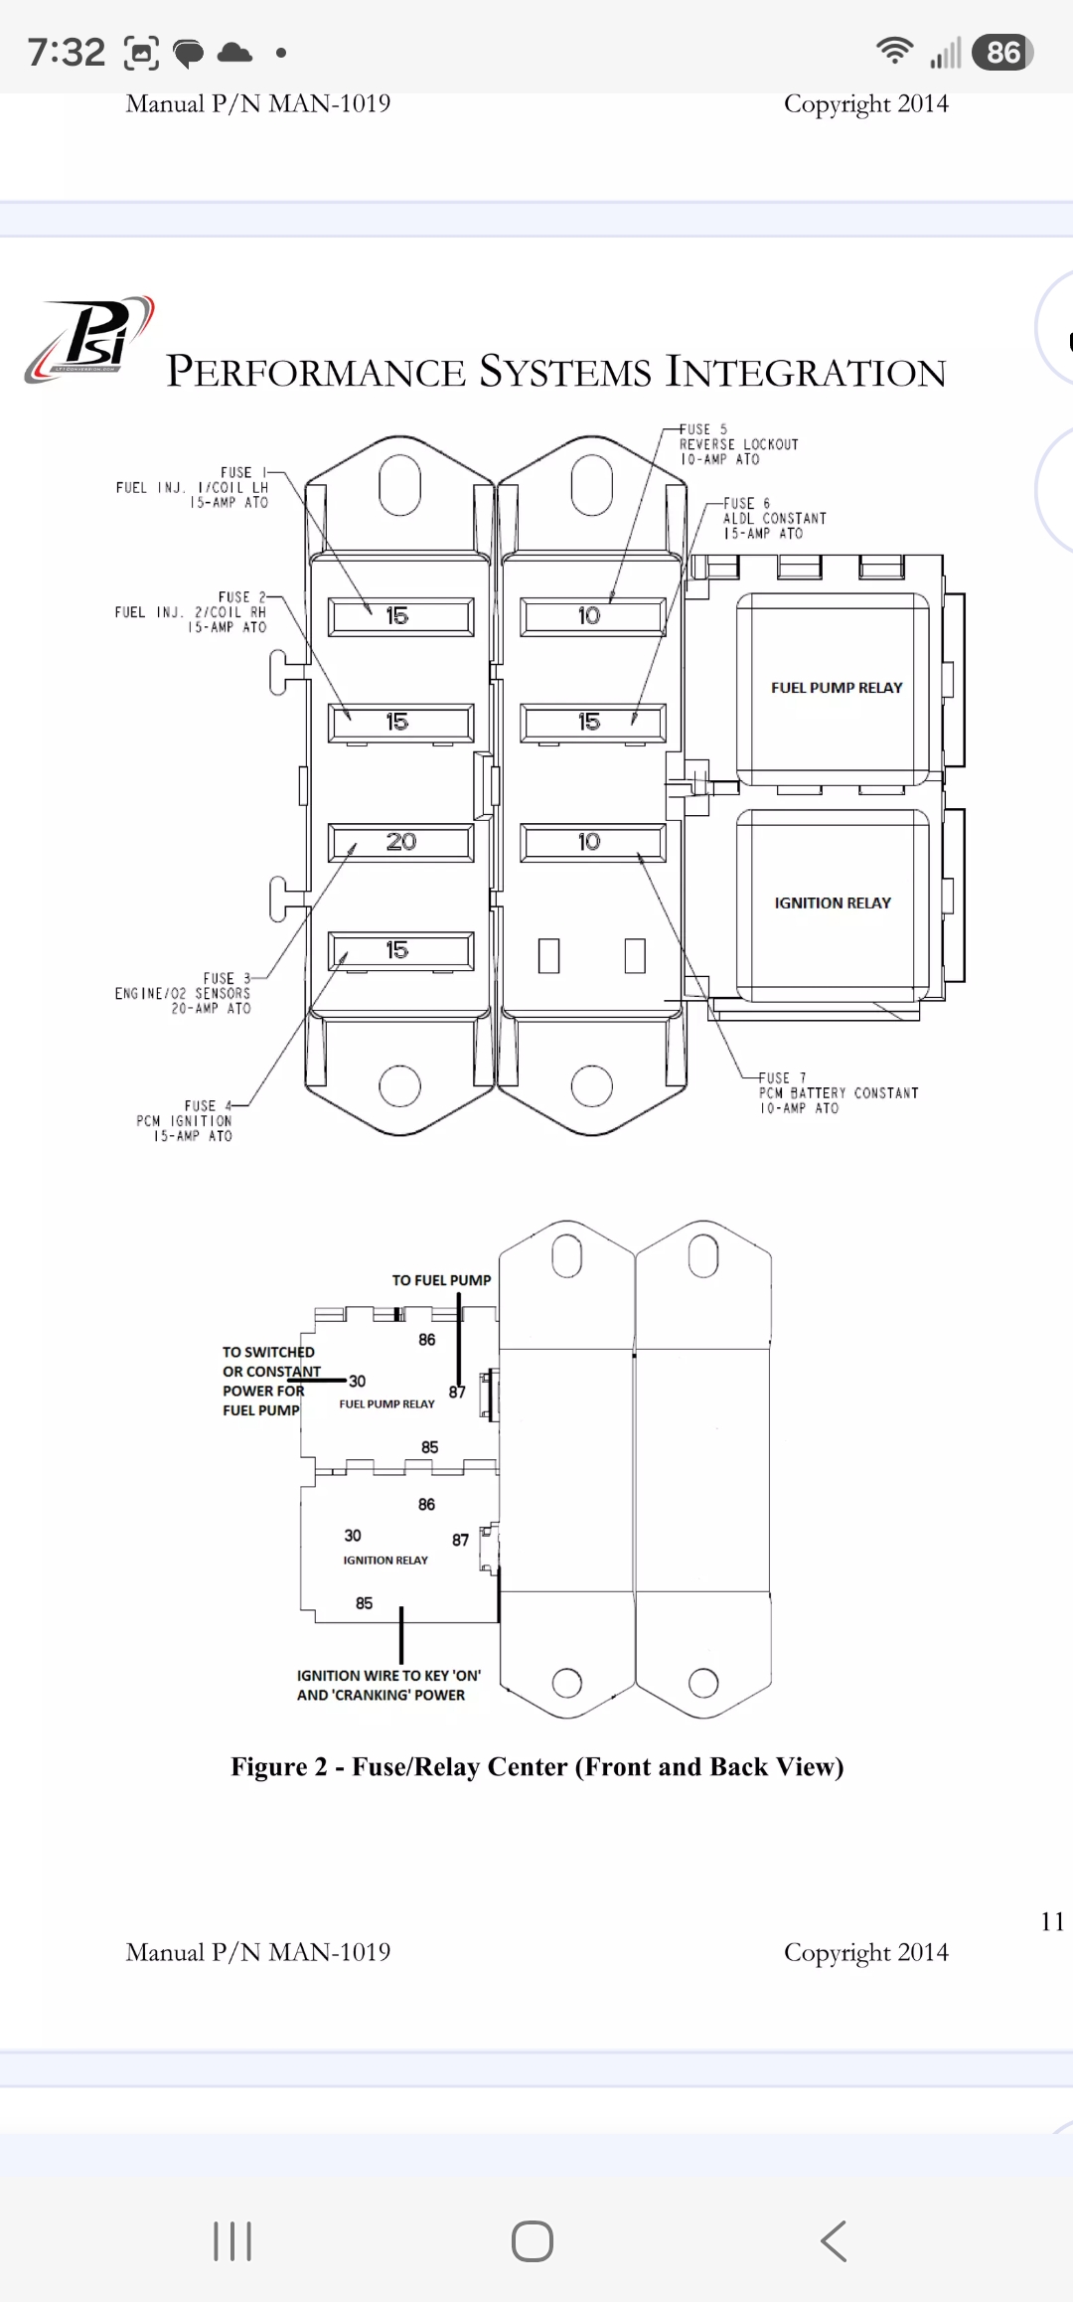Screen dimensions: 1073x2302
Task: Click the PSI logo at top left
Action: [89, 339]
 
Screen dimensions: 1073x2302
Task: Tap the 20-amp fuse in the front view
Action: [400, 842]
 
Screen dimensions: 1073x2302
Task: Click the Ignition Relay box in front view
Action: [833, 903]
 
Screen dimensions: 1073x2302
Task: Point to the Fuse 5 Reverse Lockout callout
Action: [738, 444]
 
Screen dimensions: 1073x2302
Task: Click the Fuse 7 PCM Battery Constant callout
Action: [839, 1092]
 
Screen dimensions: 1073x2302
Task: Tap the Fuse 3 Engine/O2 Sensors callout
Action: [183, 993]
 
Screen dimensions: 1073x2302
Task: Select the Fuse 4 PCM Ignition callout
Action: [185, 1120]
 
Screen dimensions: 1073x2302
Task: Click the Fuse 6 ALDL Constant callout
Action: [774, 518]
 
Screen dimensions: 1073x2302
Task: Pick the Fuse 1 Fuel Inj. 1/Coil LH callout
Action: [193, 487]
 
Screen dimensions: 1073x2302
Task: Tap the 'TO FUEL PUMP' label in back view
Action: [441, 1280]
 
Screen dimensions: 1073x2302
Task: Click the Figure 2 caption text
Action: [537, 1766]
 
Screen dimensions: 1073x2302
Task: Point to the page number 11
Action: [1052, 1920]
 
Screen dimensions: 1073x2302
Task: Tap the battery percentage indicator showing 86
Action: [1003, 52]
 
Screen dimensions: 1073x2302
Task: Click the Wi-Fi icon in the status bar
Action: [895, 51]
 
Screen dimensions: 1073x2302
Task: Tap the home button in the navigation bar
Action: [533, 2241]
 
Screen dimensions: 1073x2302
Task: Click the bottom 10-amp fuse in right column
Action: [593, 842]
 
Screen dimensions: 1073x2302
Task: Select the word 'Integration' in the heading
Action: [806, 372]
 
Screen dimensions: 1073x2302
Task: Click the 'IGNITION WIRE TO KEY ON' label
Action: [388, 1685]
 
